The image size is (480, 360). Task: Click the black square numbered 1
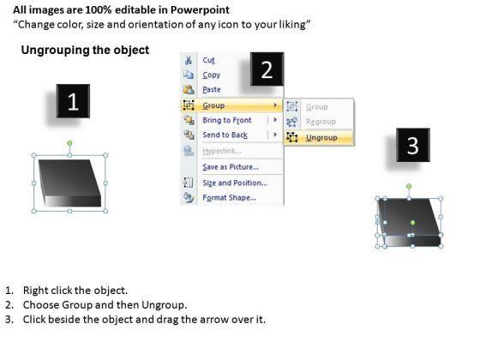coord(73,101)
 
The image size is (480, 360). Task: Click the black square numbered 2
coord(267,69)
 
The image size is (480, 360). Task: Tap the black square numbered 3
coord(413,145)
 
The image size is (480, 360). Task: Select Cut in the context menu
coord(208,60)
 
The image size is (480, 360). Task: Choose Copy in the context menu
coord(211,75)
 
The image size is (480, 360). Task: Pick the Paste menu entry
coord(212,90)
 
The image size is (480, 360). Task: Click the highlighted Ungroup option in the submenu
coord(321,138)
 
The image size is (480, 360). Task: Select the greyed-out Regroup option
coord(321,122)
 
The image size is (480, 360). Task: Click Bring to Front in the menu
coord(227,120)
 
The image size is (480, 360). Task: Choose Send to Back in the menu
coord(225,135)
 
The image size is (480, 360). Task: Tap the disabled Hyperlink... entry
coord(222,151)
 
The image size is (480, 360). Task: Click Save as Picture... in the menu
coord(231,167)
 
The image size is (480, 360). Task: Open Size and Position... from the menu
coord(235,183)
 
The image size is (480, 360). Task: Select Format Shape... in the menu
coord(229,198)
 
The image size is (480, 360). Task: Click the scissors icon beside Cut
coord(189,60)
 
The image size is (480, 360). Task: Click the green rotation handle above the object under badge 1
coord(69,143)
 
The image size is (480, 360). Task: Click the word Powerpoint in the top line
coord(200,10)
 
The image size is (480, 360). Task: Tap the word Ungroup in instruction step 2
coord(164,305)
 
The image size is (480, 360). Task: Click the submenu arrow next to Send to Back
coord(275,135)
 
